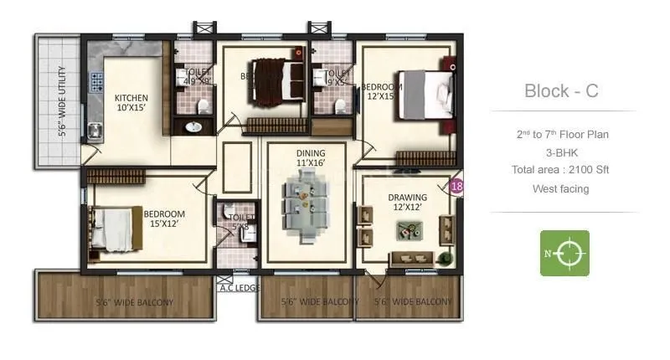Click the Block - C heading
561,91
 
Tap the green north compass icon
564,253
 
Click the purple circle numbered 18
456,187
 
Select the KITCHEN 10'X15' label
131,103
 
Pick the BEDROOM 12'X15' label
382,91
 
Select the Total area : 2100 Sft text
561,170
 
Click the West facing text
561,189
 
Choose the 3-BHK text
561,152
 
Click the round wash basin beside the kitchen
193,127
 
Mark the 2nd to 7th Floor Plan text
561,134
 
